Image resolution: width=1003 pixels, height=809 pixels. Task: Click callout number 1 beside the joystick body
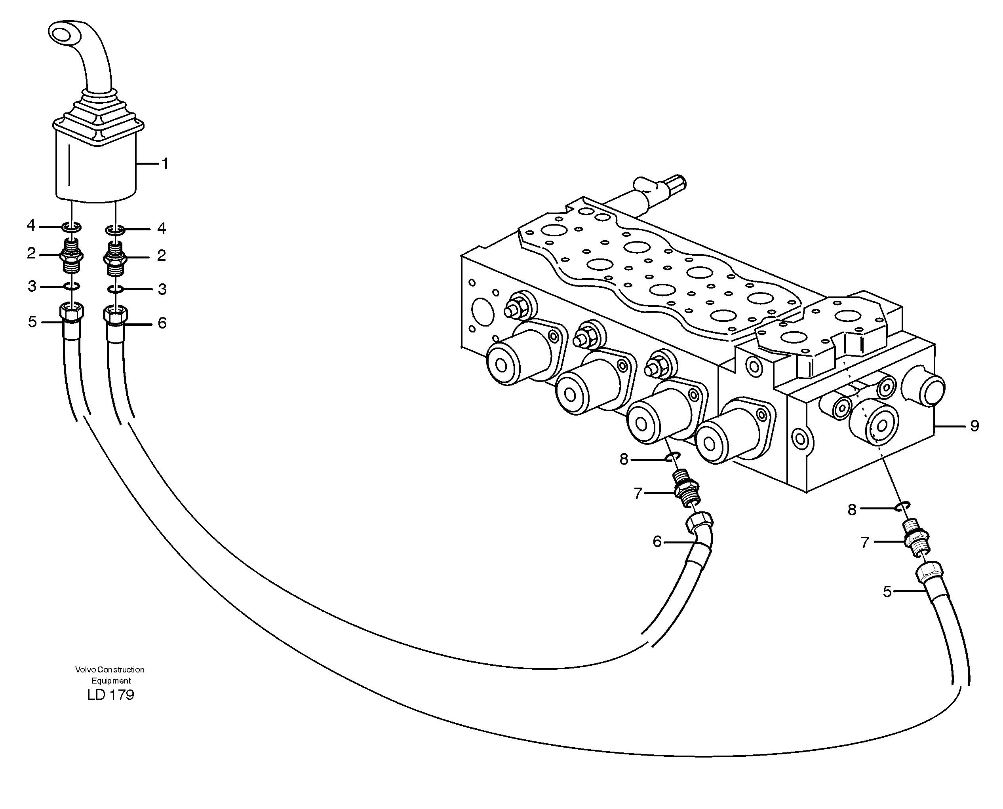click(164, 164)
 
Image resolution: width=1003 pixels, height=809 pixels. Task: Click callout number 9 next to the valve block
click(974, 426)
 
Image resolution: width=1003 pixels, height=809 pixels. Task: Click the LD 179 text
click(110, 695)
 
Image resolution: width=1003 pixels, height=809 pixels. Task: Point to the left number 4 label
click(31, 226)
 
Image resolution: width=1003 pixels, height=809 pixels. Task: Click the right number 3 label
click(162, 289)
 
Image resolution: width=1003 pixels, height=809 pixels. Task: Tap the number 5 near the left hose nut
click(32, 321)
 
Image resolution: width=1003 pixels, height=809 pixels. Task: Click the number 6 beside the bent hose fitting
click(657, 541)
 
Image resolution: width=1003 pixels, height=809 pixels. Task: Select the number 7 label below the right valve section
click(865, 543)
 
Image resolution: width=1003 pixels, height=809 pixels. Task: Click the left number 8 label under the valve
click(624, 460)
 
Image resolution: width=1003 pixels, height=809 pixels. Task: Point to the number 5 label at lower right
click(887, 592)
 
